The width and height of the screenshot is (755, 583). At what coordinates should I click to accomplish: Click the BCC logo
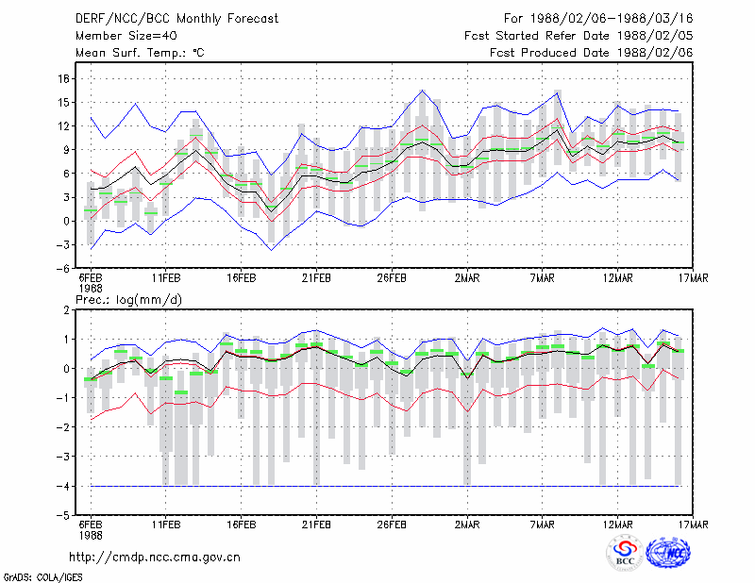coord(625,553)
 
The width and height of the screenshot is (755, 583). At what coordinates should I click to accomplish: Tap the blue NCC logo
coord(669,553)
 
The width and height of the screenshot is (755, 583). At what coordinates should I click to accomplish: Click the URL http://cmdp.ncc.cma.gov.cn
coord(155,558)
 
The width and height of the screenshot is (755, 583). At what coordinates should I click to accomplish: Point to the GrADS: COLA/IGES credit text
coord(43,577)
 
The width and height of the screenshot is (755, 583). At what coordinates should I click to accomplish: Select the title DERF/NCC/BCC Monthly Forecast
coord(176,19)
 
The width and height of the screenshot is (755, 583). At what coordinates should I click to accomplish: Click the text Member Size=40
coord(126,36)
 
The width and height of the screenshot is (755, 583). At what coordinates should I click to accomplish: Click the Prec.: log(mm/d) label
coord(128,300)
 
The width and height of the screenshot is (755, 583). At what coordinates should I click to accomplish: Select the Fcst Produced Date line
coord(592,53)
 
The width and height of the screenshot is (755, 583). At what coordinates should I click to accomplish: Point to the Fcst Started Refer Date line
coord(579,36)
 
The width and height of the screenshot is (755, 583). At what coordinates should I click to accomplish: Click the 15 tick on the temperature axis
coord(63,103)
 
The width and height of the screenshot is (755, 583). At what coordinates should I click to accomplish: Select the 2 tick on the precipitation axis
coord(66,310)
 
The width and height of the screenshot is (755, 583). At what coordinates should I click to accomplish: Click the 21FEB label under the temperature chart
coord(316,278)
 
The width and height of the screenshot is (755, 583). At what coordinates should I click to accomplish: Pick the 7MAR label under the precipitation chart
coord(542,525)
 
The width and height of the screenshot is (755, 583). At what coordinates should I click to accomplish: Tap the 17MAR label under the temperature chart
coord(694,278)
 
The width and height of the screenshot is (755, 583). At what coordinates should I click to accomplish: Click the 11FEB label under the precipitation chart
coord(166,525)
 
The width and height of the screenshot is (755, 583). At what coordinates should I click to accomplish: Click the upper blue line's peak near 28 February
coord(422,90)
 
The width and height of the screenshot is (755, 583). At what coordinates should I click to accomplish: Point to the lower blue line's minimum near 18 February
coord(272,250)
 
